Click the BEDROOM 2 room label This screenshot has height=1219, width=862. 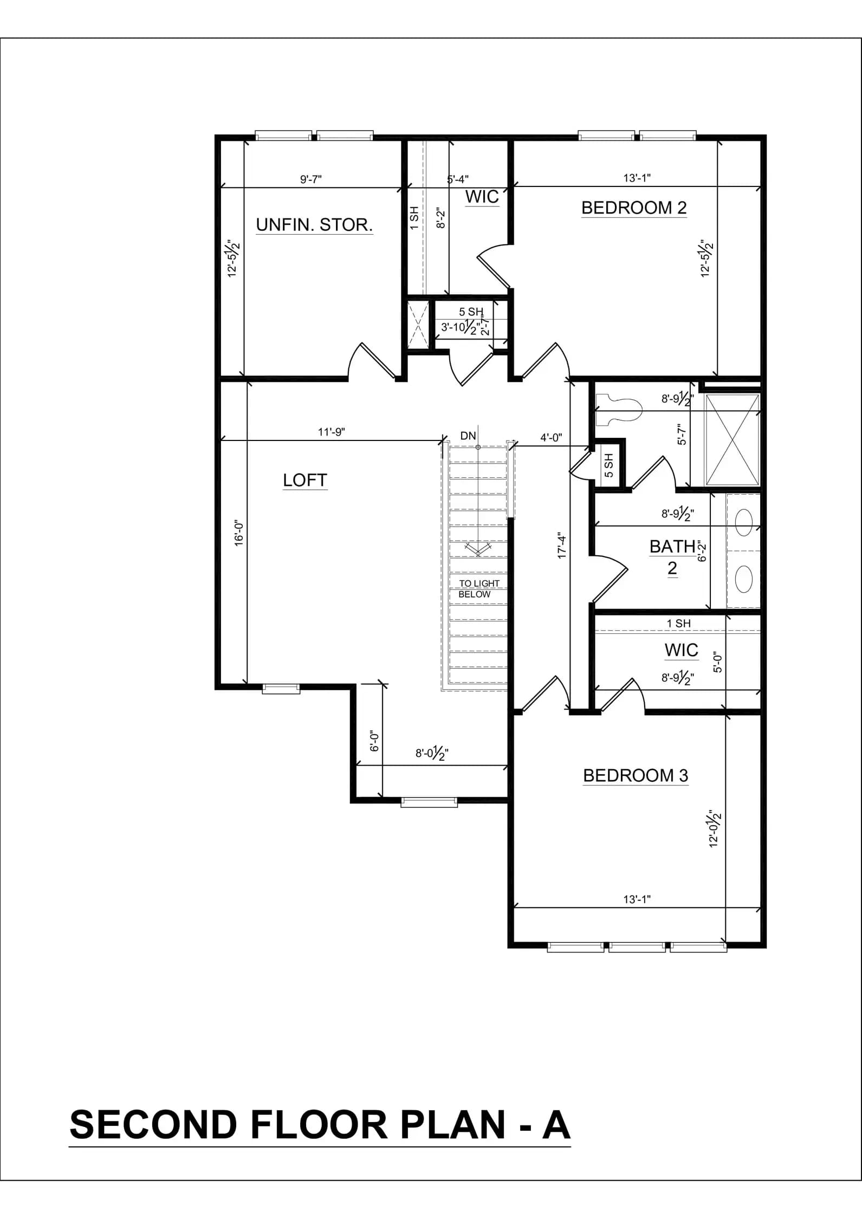click(x=634, y=208)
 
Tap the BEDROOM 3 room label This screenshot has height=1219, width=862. click(x=636, y=775)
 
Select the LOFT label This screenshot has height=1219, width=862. click(x=305, y=480)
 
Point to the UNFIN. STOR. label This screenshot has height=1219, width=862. click(x=314, y=225)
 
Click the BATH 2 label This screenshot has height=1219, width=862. click(x=672, y=557)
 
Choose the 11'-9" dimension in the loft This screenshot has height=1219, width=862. click(x=332, y=432)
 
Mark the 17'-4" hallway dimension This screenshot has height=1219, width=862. click(x=562, y=547)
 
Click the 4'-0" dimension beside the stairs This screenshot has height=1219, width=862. click(x=551, y=437)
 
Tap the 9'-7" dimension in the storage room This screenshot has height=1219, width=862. click(x=312, y=179)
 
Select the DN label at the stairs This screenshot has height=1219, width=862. click(x=468, y=436)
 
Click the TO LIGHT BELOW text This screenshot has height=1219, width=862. click(x=479, y=588)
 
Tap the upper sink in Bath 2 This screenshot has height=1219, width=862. click(x=744, y=522)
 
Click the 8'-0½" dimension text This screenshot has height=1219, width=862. click(x=432, y=753)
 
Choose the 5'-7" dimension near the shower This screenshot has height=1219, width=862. click(x=682, y=435)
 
